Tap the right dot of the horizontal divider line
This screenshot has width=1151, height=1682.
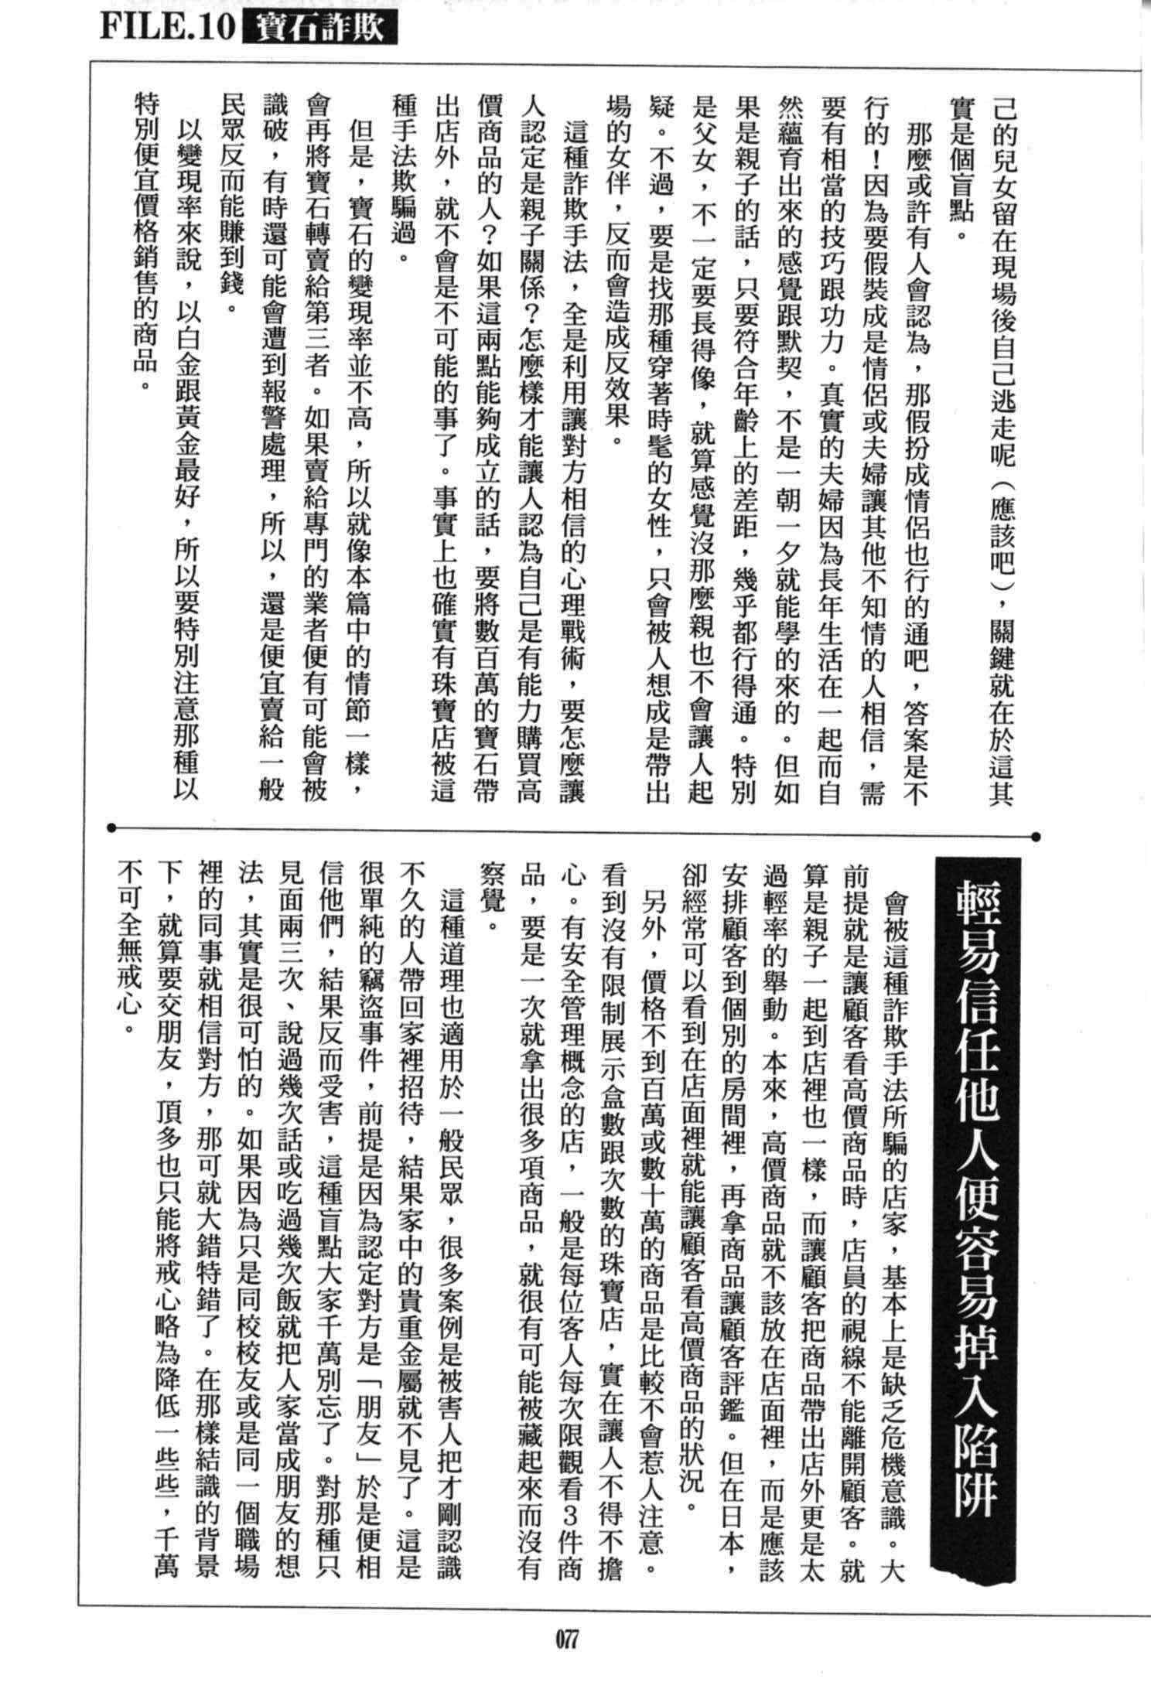pyautogui.click(x=1037, y=835)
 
